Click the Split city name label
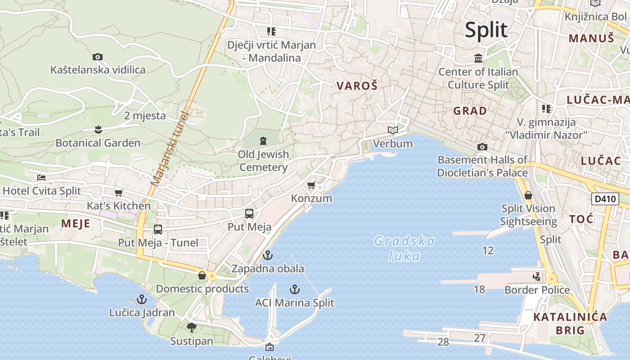(x=486, y=30)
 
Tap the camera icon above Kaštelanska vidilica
(x=98, y=57)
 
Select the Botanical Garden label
(x=98, y=143)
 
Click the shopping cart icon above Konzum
(x=311, y=185)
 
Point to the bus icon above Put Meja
(x=249, y=214)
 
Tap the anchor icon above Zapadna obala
(x=268, y=255)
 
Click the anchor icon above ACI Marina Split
(x=295, y=289)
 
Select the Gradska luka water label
(x=405, y=248)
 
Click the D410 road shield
(x=605, y=199)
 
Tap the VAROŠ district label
(x=357, y=85)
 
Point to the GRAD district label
(x=470, y=111)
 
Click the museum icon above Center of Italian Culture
(x=478, y=58)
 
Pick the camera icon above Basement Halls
(x=482, y=147)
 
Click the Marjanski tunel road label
(x=169, y=148)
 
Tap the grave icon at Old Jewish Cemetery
(x=263, y=141)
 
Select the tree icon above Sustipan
(x=192, y=327)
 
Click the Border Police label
(x=537, y=290)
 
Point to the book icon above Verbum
(x=393, y=130)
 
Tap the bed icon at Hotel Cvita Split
(x=41, y=178)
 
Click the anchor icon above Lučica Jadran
(x=142, y=299)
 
